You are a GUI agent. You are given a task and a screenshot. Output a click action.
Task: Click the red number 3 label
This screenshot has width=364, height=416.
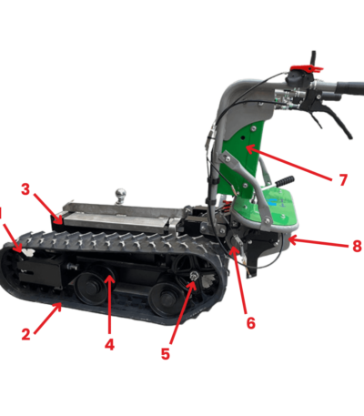(x=25, y=189)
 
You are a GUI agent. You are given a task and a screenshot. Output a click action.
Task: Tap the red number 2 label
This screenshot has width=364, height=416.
(x=26, y=334)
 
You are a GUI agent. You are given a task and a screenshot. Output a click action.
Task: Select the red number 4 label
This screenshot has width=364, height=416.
(x=109, y=344)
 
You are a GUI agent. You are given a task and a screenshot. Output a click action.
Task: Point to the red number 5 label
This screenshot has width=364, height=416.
(x=166, y=354)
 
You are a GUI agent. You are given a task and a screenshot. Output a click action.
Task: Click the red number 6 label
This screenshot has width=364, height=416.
(x=251, y=323)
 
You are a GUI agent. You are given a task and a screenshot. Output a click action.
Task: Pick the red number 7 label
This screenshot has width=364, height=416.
(x=343, y=180)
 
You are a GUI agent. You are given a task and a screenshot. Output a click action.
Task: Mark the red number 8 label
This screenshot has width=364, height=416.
(x=357, y=246)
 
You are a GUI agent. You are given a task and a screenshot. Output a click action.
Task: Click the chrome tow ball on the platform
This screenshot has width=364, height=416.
(x=121, y=195)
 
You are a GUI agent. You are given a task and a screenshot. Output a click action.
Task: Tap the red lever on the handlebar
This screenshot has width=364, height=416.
(x=307, y=68)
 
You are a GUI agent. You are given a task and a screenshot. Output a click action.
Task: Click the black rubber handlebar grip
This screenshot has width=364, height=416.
(x=349, y=87)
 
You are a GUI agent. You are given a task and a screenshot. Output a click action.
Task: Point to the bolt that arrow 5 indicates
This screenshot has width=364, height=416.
(x=194, y=276)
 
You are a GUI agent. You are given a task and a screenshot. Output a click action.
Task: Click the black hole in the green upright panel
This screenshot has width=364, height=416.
(x=243, y=137)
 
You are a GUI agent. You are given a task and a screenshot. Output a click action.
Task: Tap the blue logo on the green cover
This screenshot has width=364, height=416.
(x=273, y=202)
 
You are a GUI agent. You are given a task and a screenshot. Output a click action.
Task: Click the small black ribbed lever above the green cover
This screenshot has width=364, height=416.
(x=285, y=179)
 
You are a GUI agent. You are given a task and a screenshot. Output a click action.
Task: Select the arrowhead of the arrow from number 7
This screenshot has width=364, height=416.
(x=250, y=148)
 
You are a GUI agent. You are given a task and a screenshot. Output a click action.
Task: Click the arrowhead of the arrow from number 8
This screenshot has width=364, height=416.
(x=292, y=240)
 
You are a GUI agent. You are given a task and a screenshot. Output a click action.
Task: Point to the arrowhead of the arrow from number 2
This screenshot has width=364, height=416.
(x=58, y=307)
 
